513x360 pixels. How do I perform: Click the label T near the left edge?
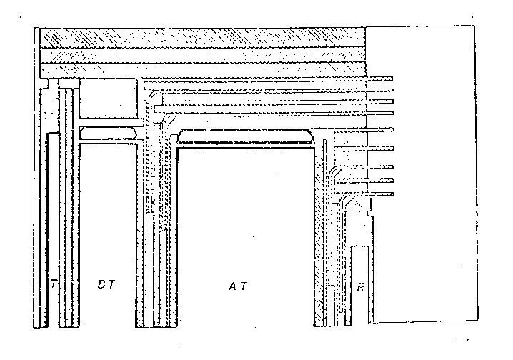coord(54,284)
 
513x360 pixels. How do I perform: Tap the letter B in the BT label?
coord(101,284)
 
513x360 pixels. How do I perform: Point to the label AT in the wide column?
coord(238,286)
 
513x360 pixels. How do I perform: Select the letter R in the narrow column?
coord(361,286)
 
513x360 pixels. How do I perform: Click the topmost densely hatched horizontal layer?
coord(202,37)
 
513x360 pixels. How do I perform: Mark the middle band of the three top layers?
coord(202,54)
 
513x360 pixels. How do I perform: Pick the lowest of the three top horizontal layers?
coord(202,70)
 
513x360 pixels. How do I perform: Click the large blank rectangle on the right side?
coord(422,174)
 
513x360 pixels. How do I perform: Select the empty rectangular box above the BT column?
coord(109,98)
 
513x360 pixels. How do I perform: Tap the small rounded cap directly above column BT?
coord(108,133)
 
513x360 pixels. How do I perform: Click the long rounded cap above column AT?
coord(245,136)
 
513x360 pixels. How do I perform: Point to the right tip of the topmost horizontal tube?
coord(393,79)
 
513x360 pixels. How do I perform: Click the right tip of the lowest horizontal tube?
coord(394,194)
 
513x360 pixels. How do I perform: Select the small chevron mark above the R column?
coord(354,203)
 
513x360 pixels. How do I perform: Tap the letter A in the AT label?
coord(233,286)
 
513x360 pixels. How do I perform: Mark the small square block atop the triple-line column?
coord(69,83)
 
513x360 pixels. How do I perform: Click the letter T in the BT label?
coord(111,284)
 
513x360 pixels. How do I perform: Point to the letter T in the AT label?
coord(244,286)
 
